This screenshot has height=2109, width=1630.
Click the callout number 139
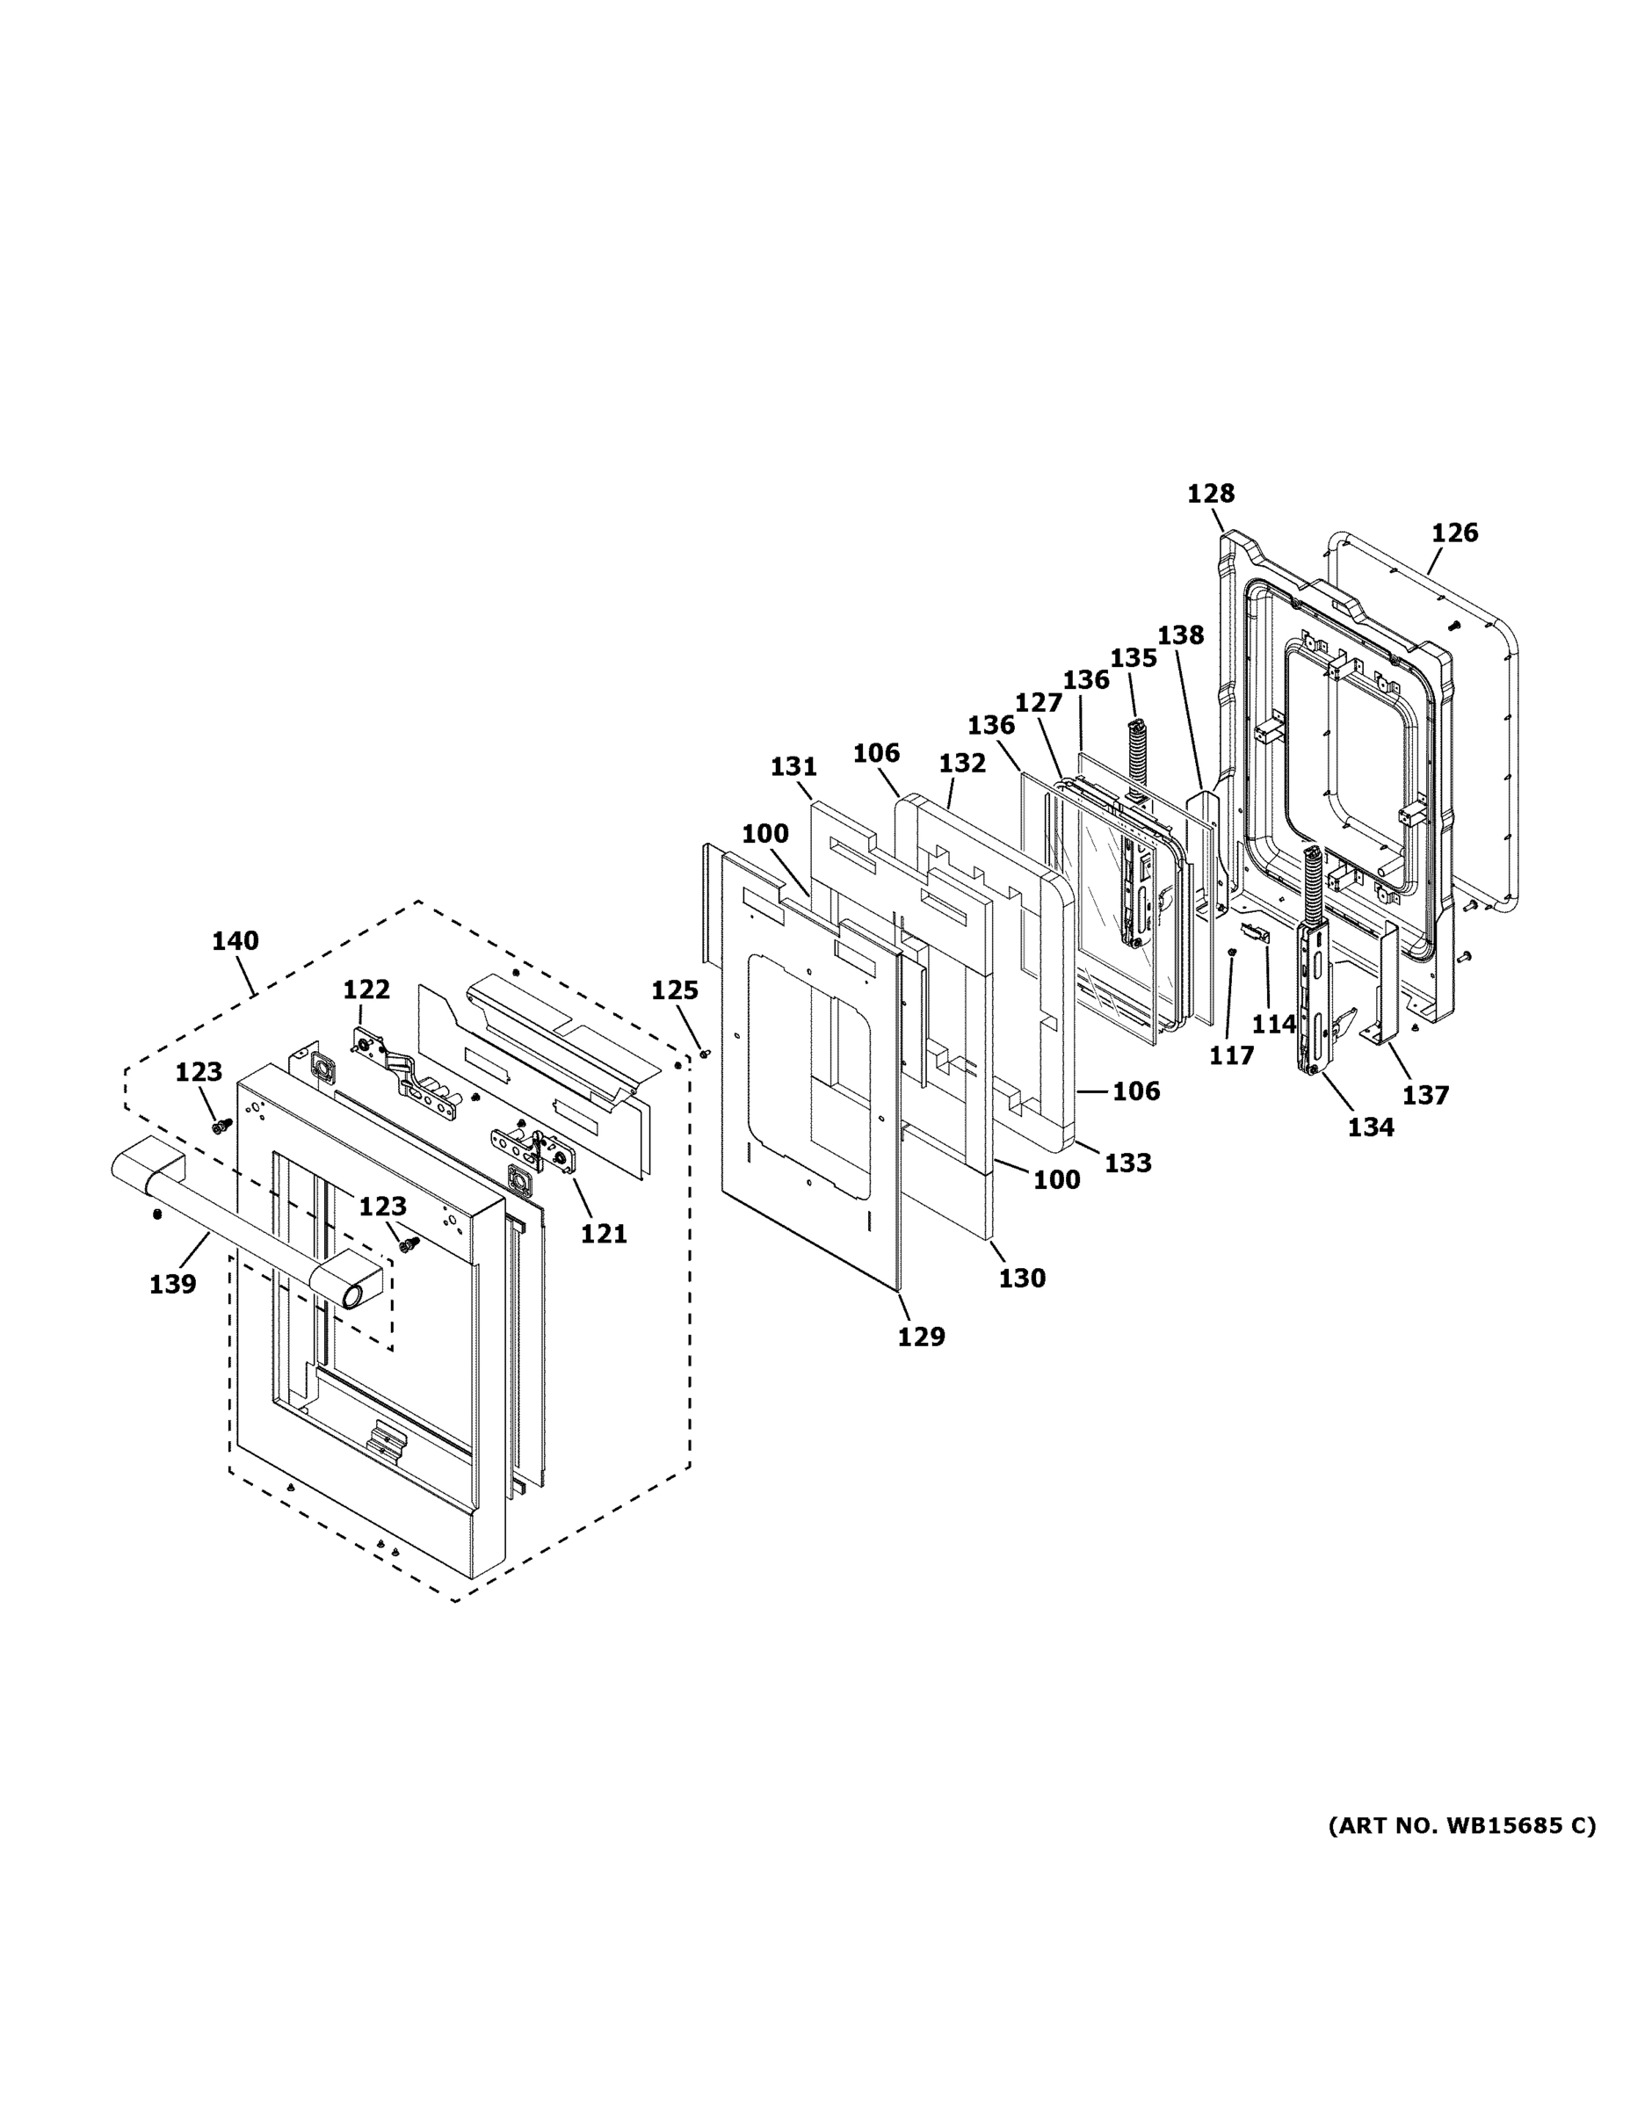(x=172, y=1285)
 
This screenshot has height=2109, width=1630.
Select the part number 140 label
(x=235, y=940)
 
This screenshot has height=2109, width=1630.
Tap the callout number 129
(x=921, y=1337)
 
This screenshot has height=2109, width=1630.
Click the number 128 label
(x=1210, y=494)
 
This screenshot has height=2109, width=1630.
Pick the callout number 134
(x=1371, y=1127)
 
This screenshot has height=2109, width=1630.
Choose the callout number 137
(x=1426, y=1095)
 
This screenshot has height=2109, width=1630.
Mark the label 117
(x=1231, y=1055)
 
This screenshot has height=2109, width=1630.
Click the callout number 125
(x=674, y=989)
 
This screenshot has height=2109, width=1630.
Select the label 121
(x=604, y=1233)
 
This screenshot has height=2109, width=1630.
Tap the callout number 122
(x=367, y=989)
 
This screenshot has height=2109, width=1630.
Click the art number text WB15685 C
(x=1461, y=1825)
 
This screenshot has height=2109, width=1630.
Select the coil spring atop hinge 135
(x=1136, y=743)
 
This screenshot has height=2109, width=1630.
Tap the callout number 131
(x=793, y=767)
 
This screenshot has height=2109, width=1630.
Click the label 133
(x=1128, y=1163)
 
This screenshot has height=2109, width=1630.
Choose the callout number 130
(x=1022, y=1278)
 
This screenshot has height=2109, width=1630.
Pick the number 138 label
(x=1180, y=634)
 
